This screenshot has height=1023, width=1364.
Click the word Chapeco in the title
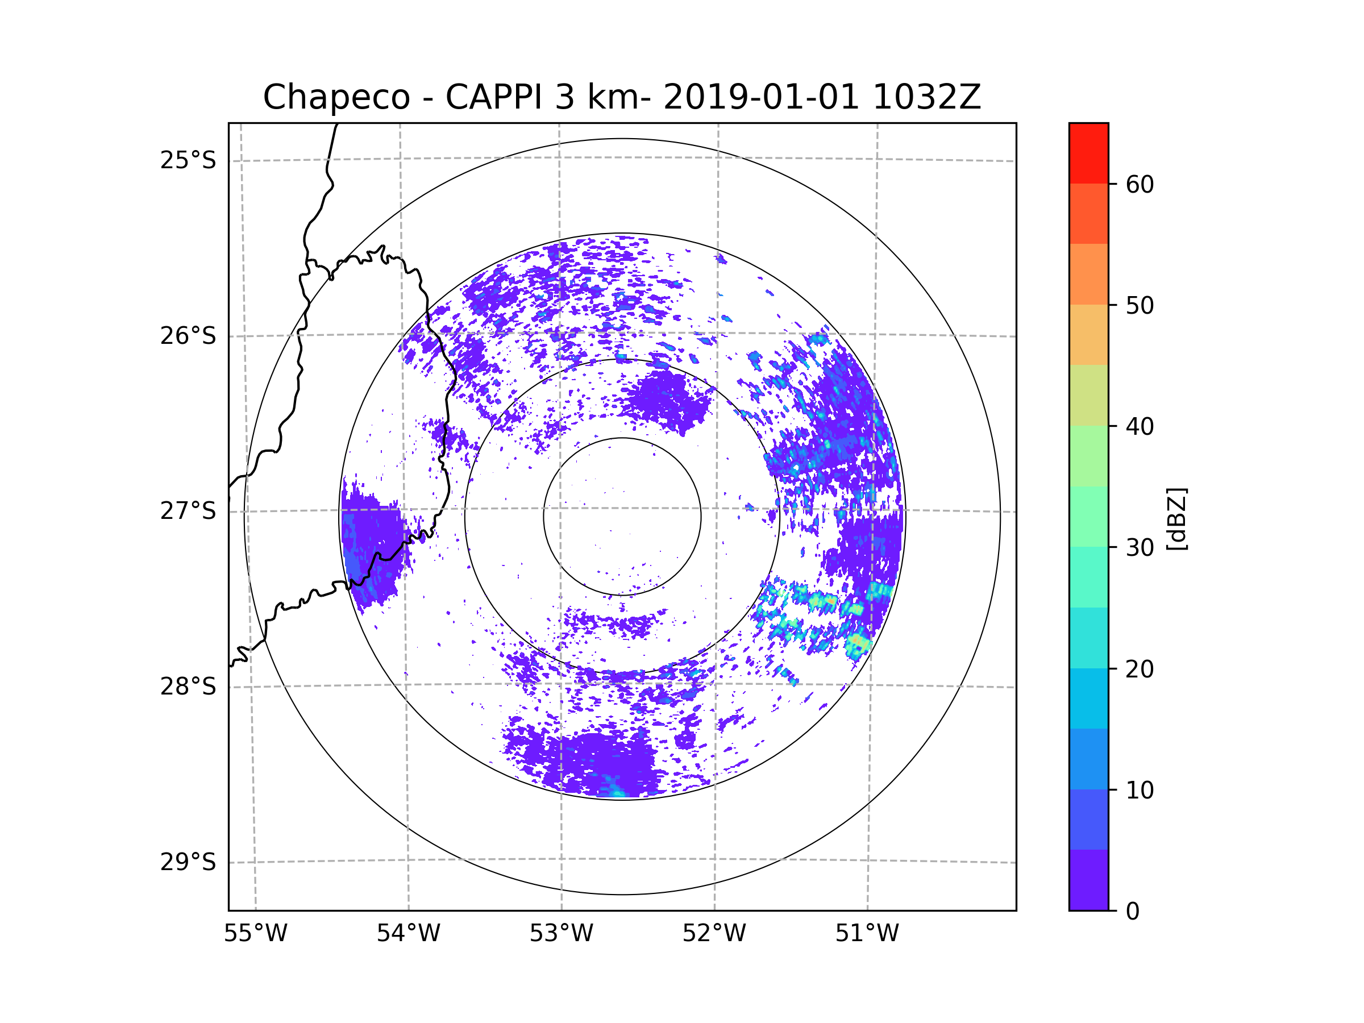click(x=336, y=97)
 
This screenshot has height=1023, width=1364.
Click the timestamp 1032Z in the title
click(x=926, y=97)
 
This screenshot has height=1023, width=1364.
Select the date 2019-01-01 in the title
click(x=761, y=97)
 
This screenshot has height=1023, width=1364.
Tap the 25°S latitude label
click(x=188, y=160)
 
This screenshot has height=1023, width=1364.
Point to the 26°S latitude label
click(x=188, y=336)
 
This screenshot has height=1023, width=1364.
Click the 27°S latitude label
click(x=188, y=511)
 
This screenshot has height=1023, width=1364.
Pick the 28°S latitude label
click(x=188, y=687)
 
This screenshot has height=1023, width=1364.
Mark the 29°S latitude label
click(x=188, y=862)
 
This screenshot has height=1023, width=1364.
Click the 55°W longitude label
click(x=255, y=934)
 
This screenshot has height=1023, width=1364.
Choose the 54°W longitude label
click(x=408, y=934)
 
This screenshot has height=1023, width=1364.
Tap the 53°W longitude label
click(x=561, y=934)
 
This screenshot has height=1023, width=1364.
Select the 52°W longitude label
click(x=714, y=934)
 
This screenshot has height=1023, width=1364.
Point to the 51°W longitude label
click(x=867, y=934)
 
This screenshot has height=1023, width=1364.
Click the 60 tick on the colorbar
click(x=1140, y=184)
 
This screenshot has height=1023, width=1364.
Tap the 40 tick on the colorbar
click(x=1140, y=427)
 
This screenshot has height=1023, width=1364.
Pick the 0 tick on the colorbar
click(x=1133, y=912)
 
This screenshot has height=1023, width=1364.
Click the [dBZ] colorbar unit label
click(x=1176, y=519)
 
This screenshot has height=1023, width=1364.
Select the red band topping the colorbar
click(x=1088, y=153)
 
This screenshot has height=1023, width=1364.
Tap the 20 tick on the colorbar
click(x=1140, y=669)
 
